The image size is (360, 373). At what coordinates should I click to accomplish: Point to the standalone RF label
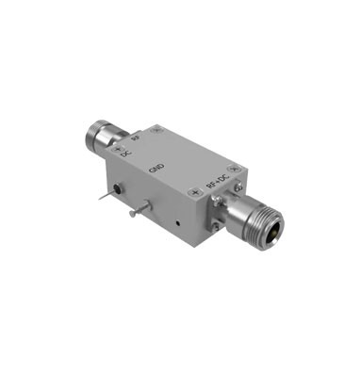pos(137,138)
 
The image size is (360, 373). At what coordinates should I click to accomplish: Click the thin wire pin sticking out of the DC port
pos(103,200)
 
